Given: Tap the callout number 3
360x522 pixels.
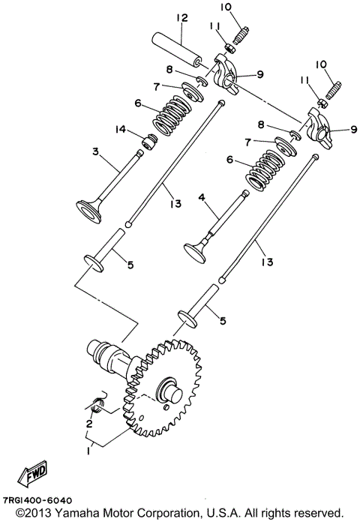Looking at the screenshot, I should click(96, 152).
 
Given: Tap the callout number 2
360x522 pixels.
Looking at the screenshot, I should click(88, 423).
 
